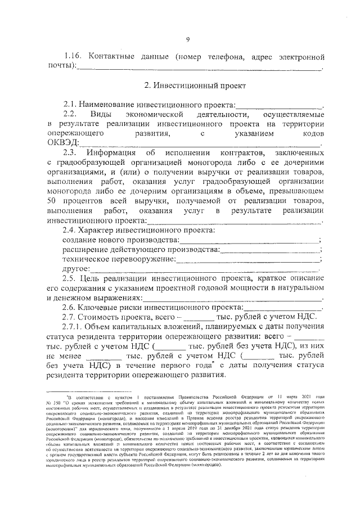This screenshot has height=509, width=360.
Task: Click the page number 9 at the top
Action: pos(188,38)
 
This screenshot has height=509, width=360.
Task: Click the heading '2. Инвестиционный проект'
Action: pos(187,85)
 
